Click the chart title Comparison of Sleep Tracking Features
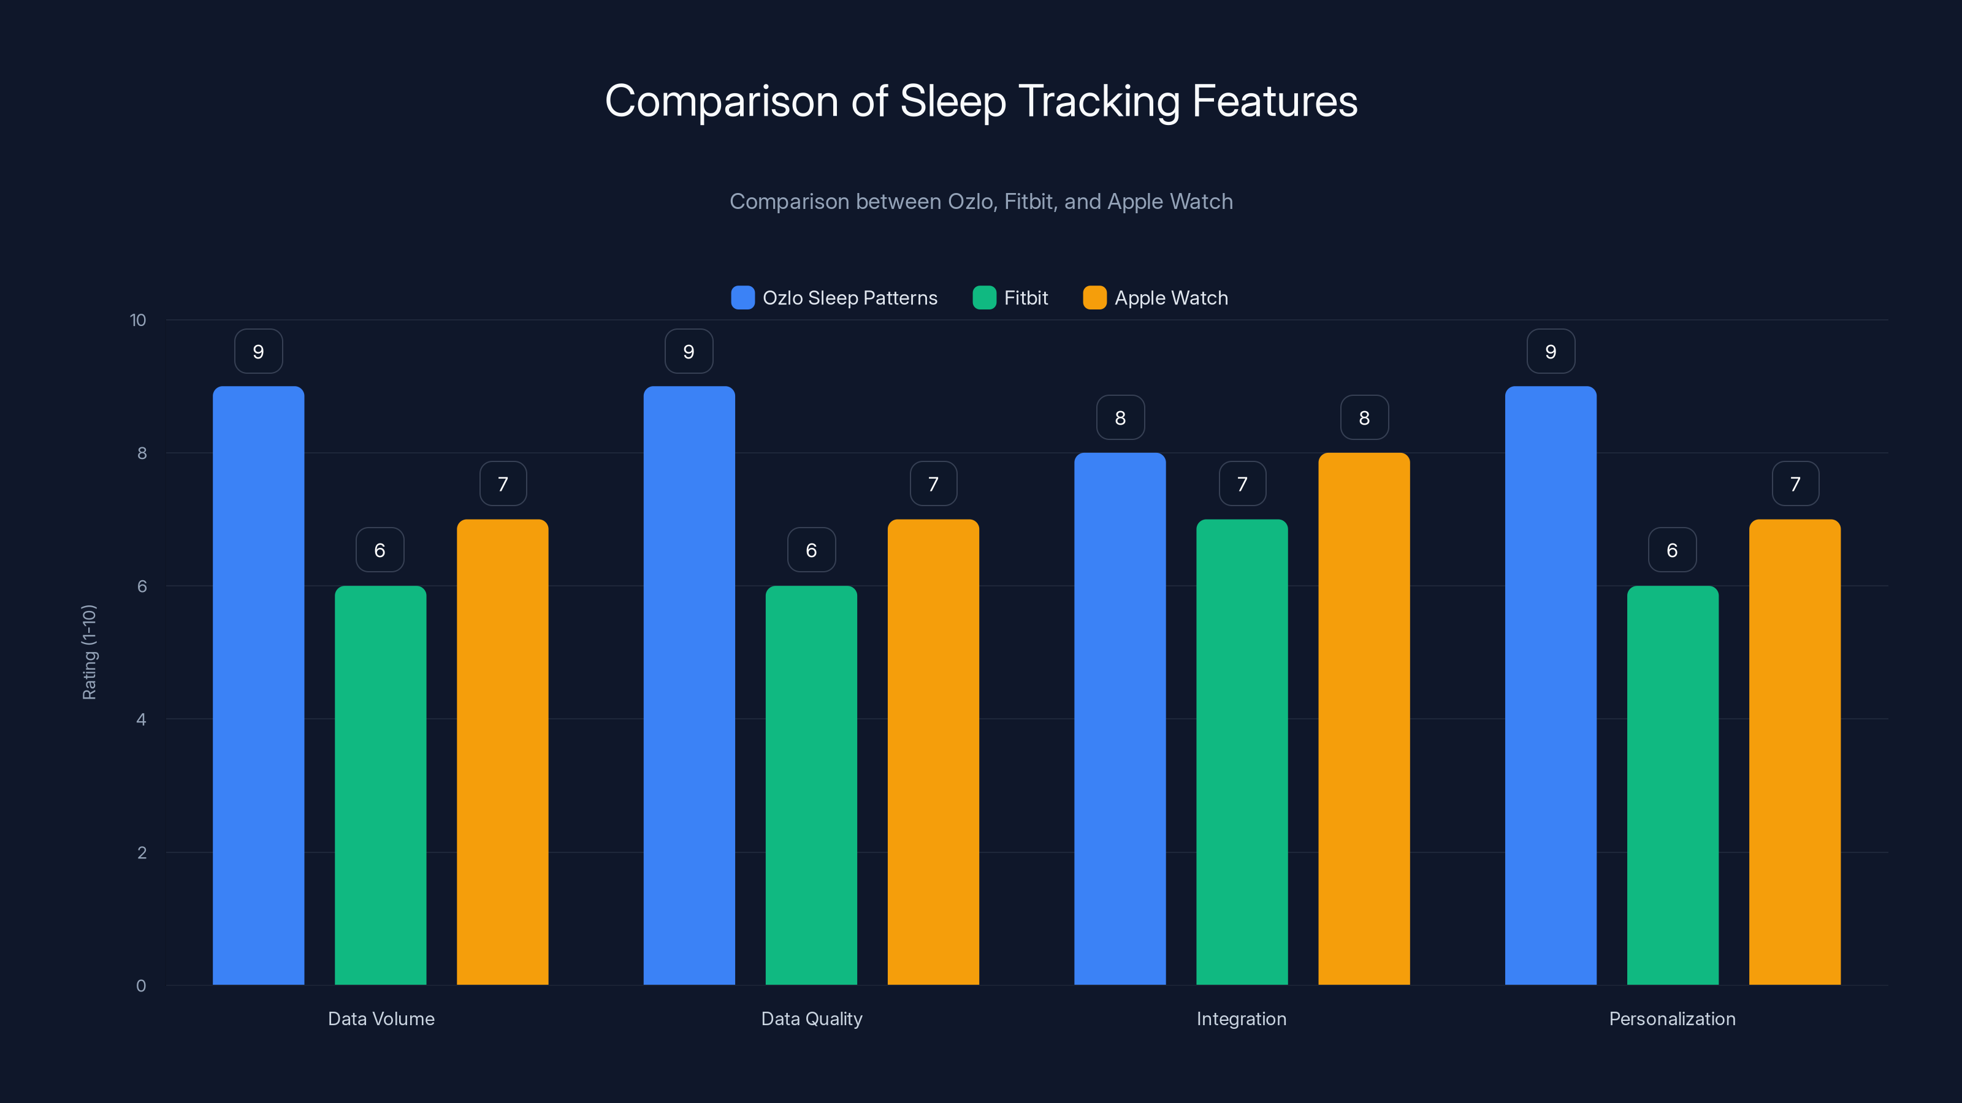click(x=981, y=101)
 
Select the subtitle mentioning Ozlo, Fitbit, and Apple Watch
click(x=981, y=202)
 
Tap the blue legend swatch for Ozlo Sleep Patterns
click(x=742, y=298)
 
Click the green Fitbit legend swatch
click(x=984, y=298)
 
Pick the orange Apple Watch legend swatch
click(x=1094, y=298)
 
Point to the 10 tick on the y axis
click(x=138, y=320)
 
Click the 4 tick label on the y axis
click(x=141, y=719)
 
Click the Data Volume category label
click(x=381, y=1018)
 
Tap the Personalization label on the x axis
click(x=1672, y=1018)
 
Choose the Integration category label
click(x=1242, y=1018)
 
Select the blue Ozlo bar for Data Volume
click(x=258, y=685)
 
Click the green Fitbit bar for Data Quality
click(x=811, y=784)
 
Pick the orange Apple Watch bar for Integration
click(x=1364, y=719)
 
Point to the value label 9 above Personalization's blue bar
click(x=1551, y=352)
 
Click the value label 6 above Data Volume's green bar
click(x=380, y=550)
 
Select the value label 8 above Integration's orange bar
click(x=1364, y=418)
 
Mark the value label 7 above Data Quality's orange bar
click(x=933, y=484)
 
